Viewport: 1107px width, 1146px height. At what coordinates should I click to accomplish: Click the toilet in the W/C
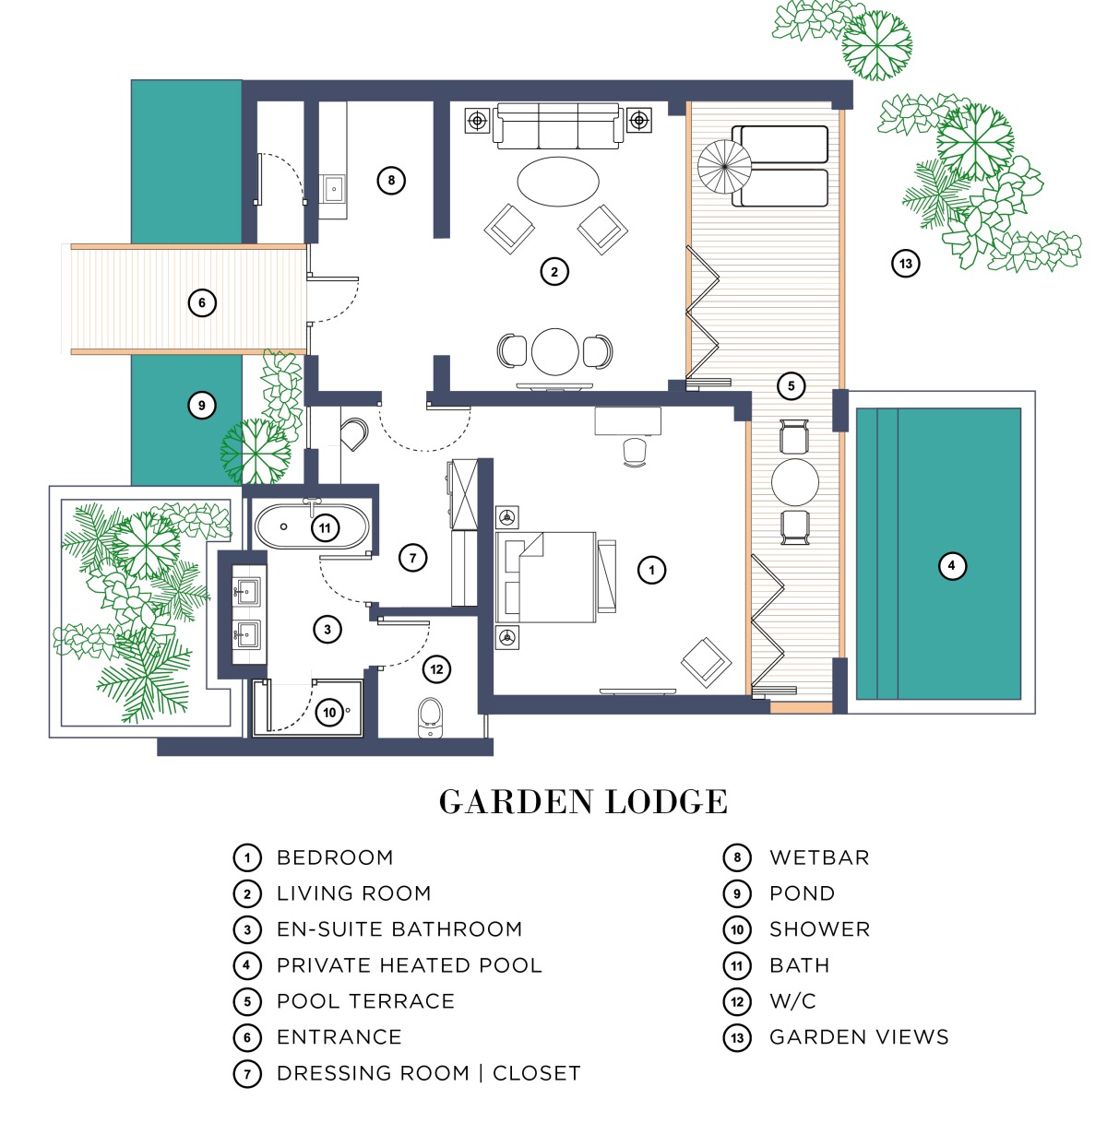pyautogui.click(x=430, y=717)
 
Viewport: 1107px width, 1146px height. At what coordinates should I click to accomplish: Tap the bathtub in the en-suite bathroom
pyautogui.click(x=312, y=526)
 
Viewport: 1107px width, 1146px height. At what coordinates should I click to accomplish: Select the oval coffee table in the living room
pyautogui.click(x=558, y=182)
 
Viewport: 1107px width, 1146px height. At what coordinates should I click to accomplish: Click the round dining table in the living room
pyautogui.click(x=555, y=351)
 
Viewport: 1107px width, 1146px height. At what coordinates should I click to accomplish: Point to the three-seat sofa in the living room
pyautogui.click(x=558, y=125)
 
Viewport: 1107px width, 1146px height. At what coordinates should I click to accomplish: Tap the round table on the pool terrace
pyautogui.click(x=794, y=481)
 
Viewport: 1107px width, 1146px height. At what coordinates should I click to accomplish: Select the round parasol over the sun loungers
pyautogui.click(x=724, y=167)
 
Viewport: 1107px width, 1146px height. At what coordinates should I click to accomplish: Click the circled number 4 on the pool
pyautogui.click(x=951, y=566)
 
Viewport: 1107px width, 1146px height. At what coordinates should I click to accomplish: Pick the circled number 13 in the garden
pyautogui.click(x=905, y=264)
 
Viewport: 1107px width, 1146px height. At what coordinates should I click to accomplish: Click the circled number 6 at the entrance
pyautogui.click(x=202, y=302)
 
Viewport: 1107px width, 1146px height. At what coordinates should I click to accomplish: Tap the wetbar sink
pyautogui.click(x=333, y=189)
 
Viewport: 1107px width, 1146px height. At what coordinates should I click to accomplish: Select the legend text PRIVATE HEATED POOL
pyautogui.click(x=410, y=965)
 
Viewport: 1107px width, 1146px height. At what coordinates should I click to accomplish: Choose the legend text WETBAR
pyautogui.click(x=819, y=857)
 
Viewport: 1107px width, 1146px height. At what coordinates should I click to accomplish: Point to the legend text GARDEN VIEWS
pyautogui.click(x=859, y=1037)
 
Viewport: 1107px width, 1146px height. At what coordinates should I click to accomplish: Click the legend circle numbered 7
pyautogui.click(x=247, y=1073)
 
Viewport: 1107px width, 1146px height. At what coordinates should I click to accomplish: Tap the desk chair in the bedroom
pyautogui.click(x=635, y=452)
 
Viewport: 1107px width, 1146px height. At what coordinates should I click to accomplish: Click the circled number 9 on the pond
pyautogui.click(x=202, y=405)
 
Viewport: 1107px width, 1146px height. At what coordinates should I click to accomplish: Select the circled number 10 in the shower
pyautogui.click(x=329, y=713)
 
